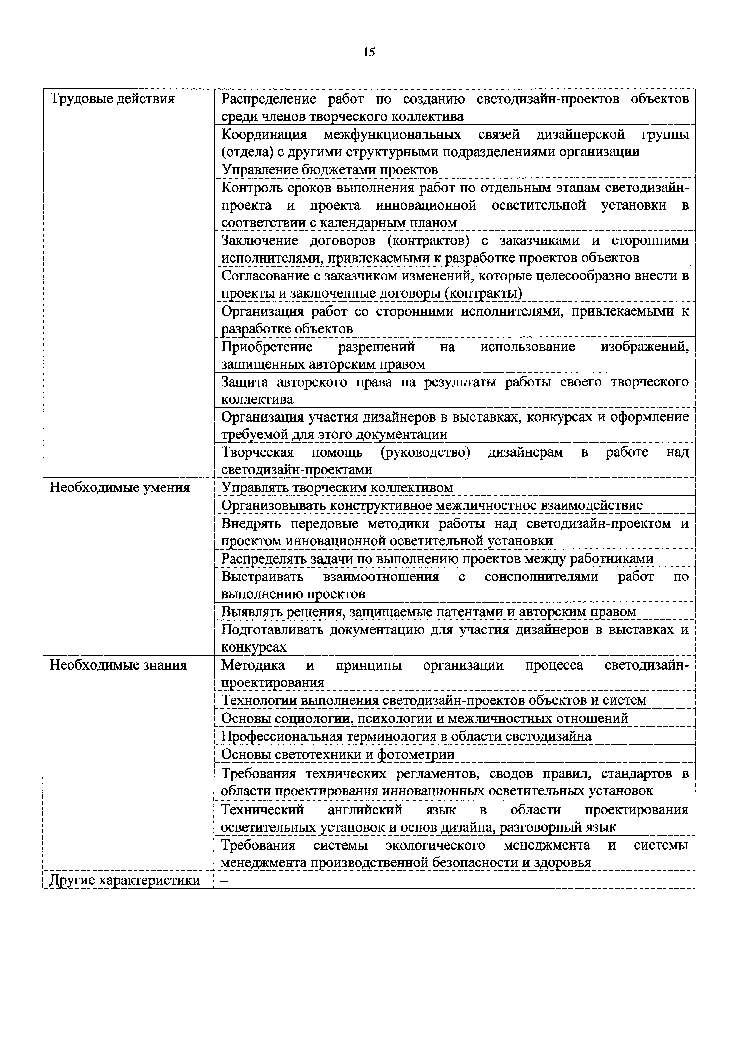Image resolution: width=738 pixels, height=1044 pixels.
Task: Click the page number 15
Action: click(369, 53)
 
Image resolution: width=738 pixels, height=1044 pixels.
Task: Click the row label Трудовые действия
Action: click(112, 99)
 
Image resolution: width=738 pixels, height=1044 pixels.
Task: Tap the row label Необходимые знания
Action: click(118, 665)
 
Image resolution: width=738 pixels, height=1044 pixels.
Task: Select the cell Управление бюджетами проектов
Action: click(329, 170)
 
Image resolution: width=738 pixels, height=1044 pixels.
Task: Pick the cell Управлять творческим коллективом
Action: click(337, 487)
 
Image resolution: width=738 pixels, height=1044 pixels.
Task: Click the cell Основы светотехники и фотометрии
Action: click(338, 754)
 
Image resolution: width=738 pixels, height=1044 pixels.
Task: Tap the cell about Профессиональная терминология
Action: click(406, 736)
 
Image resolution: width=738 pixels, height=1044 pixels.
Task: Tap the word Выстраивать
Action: click(262, 577)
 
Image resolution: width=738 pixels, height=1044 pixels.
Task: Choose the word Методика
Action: click(253, 665)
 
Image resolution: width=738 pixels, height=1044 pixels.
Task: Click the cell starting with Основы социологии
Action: click(424, 718)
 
